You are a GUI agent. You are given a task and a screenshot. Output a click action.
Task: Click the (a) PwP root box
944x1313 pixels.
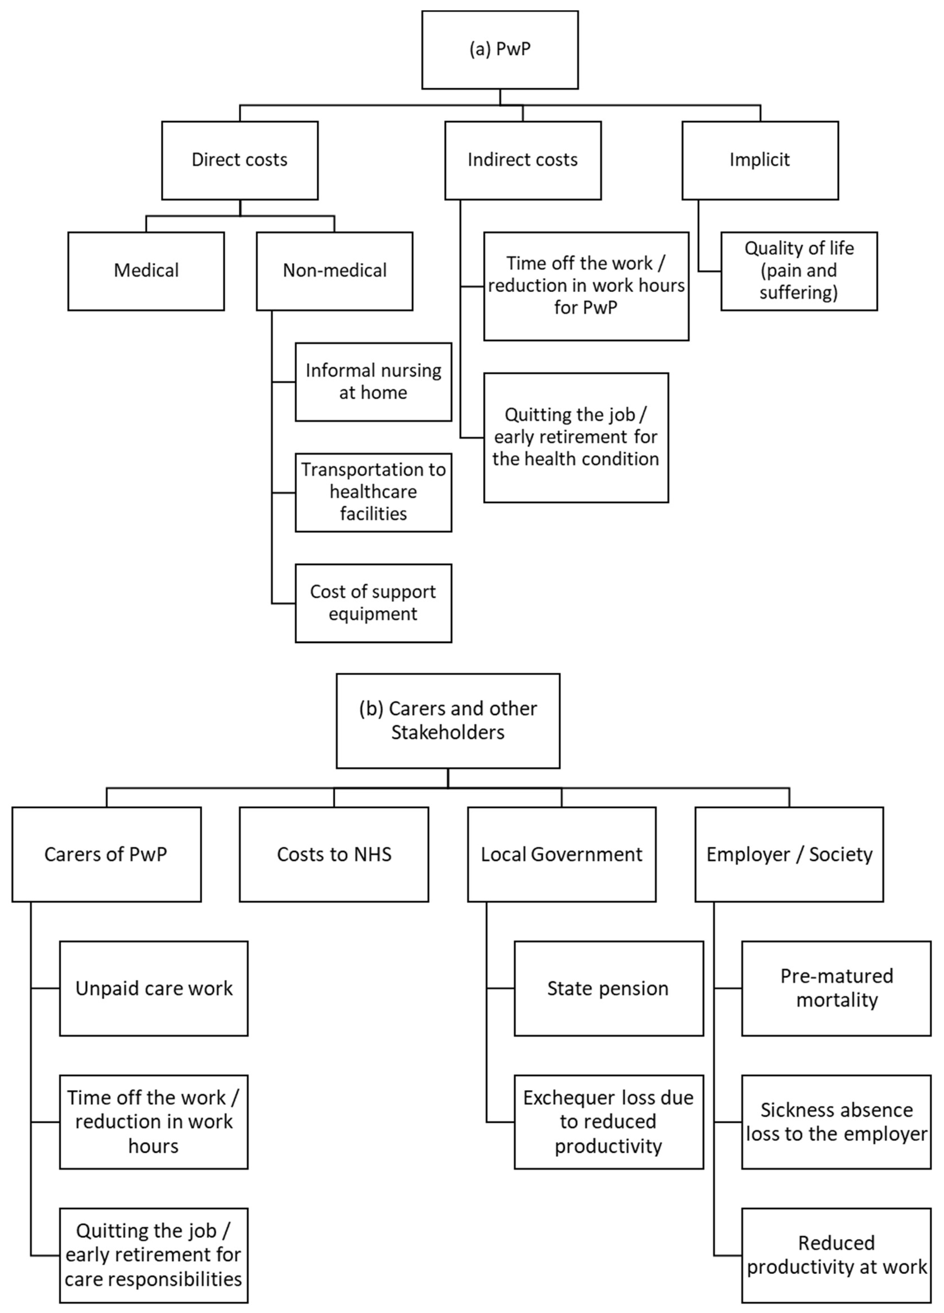click(500, 50)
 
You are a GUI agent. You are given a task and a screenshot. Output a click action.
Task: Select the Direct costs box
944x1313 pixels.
click(240, 160)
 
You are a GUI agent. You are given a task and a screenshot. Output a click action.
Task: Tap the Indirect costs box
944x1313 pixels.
click(522, 160)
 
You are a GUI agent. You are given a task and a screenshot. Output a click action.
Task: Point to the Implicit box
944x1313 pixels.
click(760, 160)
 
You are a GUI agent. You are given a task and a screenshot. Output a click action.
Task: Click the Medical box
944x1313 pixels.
click(146, 271)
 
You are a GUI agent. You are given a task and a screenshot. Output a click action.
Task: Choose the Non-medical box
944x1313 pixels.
click(334, 271)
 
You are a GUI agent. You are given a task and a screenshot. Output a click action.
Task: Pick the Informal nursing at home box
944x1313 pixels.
click(373, 381)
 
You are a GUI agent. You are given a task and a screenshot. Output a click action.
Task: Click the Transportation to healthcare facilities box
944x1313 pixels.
click(373, 492)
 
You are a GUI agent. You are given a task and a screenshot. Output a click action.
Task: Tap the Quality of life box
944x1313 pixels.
click(799, 271)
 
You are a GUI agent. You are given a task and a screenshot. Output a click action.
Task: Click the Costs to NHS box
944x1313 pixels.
click(334, 854)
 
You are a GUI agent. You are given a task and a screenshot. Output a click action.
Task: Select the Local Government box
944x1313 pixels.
click(561, 854)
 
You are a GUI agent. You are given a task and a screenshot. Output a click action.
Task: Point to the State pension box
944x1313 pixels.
click(608, 989)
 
